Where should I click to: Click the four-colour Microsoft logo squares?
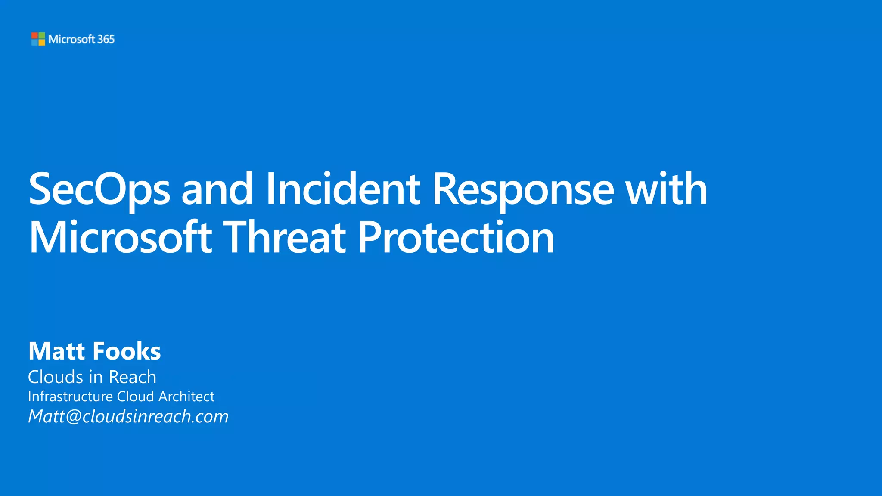38,39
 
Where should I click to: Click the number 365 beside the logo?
106,39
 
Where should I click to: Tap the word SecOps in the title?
99,189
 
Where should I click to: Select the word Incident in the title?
343,189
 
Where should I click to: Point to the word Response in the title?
523,189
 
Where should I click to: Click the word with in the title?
666,189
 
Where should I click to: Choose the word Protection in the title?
456,238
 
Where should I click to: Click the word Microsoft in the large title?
120,238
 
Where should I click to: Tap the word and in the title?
217,189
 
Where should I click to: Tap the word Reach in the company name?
133,377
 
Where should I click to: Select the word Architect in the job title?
186,397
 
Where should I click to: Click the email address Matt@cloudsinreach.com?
128,416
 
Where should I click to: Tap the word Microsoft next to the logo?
71,39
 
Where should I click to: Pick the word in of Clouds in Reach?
96,377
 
